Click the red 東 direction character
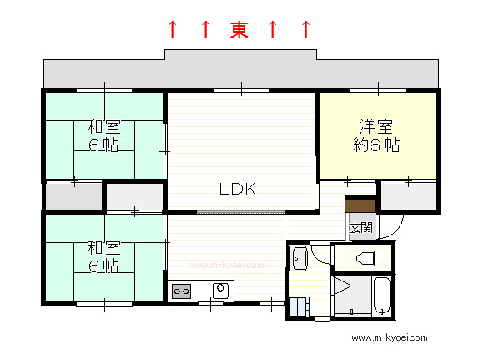239,30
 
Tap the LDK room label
237,189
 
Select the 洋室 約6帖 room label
376,135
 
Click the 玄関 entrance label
361,227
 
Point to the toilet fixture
369,258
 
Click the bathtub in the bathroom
382,296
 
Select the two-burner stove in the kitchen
181,292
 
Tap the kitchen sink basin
220,291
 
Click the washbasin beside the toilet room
300,258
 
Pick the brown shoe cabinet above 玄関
361,205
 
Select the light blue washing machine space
299,307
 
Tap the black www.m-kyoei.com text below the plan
390,337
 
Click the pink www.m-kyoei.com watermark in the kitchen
226,265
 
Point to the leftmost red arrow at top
173,30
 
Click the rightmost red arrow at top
306,30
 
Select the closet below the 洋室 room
408,195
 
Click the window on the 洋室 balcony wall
378,90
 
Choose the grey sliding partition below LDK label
241,211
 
